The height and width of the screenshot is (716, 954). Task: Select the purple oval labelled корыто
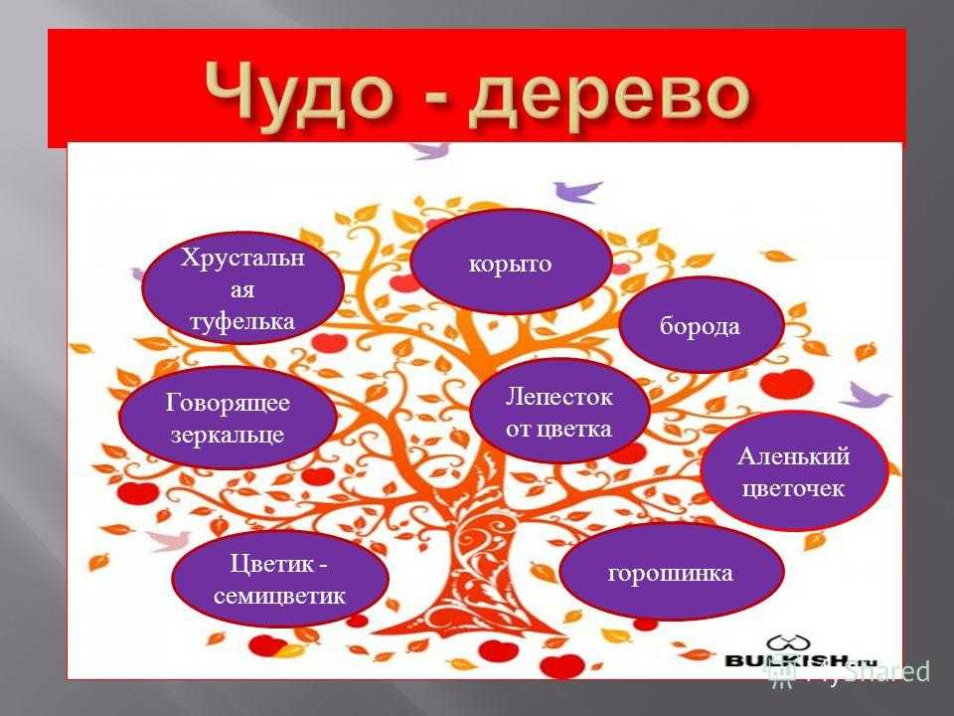[x=511, y=263]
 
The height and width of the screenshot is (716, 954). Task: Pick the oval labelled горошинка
[x=671, y=573]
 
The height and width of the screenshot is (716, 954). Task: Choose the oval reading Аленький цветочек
[x=794, y=471]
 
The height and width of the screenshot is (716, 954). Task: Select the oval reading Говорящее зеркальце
[x=228, y=418]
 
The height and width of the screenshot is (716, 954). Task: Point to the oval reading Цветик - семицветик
[x=280, y=579]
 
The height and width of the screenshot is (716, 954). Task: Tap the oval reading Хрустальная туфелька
[x=242, y=288]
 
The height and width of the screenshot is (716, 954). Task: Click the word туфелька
[x=242, y=321]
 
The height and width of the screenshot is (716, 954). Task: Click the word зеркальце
[x=228, y=435]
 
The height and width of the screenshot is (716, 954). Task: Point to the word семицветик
[x=279, y=596]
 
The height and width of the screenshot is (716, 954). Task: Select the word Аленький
[x=794, y=456]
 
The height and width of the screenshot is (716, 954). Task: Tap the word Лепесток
[x=559, y=397]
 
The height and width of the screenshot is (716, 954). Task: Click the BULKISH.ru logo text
[x=801, y=660]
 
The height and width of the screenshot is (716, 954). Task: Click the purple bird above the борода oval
[x=577, y=190]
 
